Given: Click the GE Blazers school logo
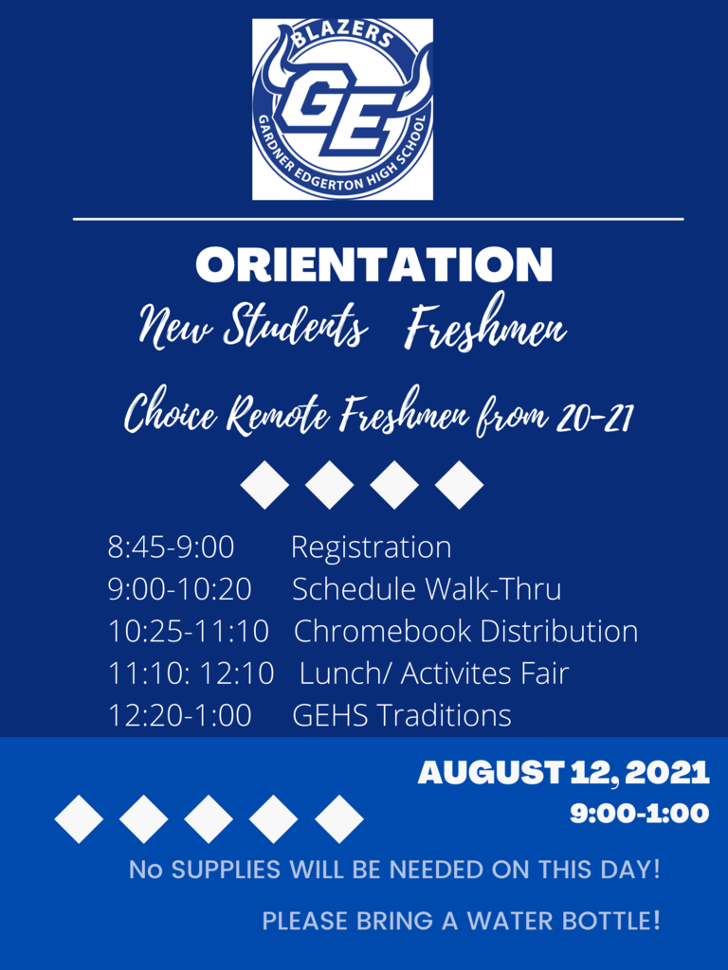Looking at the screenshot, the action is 342,109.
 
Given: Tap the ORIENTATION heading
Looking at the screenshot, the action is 373,265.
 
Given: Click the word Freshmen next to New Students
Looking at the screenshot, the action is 485,325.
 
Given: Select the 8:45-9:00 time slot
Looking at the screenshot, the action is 171,548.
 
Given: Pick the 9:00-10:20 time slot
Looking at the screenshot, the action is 179,589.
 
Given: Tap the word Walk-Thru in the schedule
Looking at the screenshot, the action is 494,589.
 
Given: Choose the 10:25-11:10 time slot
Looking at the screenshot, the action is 189,631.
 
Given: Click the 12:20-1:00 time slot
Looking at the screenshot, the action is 179,715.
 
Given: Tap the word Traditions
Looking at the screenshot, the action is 446,715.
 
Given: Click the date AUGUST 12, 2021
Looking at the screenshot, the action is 563,773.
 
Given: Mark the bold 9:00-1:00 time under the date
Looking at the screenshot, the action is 640,813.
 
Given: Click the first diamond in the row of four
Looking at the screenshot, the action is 265,485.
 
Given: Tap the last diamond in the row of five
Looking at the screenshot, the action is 339,819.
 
